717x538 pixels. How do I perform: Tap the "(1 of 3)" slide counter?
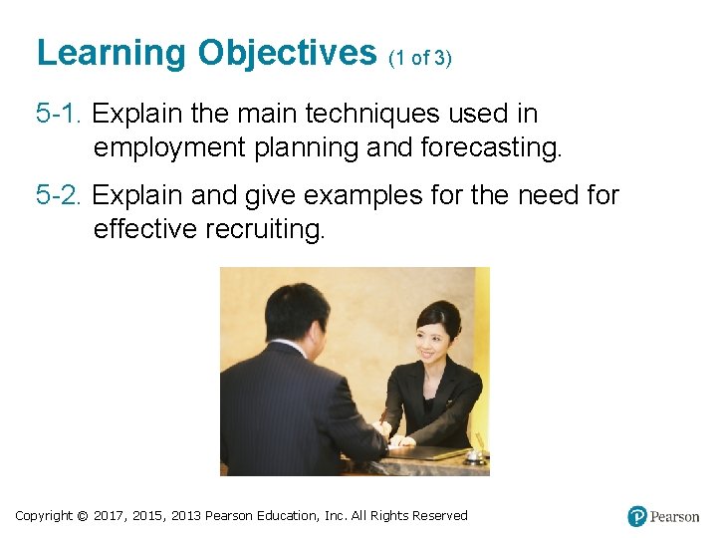coord(420,58)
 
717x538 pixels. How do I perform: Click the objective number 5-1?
coord(60,114)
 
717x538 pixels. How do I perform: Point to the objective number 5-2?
coord(60,194)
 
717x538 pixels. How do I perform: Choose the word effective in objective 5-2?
coord(145,229)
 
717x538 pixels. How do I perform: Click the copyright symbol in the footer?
coord(82,516)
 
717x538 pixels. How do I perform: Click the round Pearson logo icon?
coord(637,516)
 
